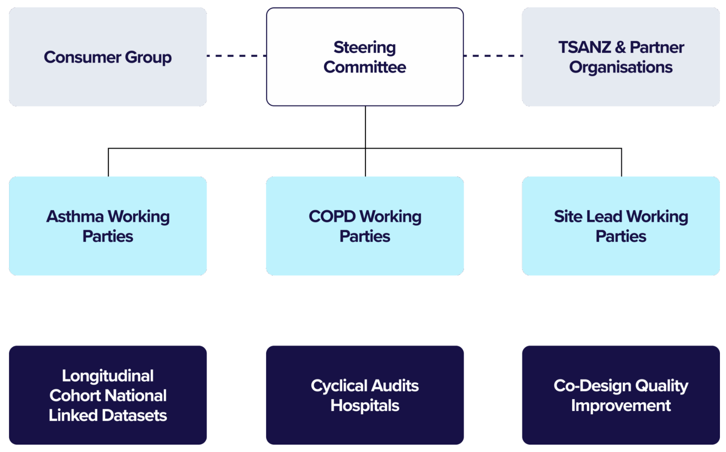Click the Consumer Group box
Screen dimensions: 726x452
tap(108, 57)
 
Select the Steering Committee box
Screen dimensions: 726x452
tap(365, 57)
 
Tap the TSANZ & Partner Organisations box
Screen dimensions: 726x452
tap(621, 57)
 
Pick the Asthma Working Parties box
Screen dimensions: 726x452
tap(108, 226)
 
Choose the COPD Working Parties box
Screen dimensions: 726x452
tap(365, 226)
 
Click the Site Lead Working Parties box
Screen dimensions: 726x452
tap(621, 226)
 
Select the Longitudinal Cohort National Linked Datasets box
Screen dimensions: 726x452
tap(108, 395)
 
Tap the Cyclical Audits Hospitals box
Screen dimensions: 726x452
tap(365, 395)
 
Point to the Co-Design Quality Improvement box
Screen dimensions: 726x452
tap(621, 395)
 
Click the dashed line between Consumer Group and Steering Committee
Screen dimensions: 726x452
tap(237, 56)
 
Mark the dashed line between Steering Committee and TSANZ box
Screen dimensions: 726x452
tap(493, 56)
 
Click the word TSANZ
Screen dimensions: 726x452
tap(584, 47)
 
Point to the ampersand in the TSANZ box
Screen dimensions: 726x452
tap(620, 47)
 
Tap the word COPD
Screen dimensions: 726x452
tap(332, 216)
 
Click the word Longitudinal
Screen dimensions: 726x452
tap(108, 376)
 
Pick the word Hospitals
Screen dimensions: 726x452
tap(365, 406)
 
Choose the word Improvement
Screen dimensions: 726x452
tap(621, 406)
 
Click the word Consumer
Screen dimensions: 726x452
tap(82, 57)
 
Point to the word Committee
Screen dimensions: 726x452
tap(365, 67)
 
